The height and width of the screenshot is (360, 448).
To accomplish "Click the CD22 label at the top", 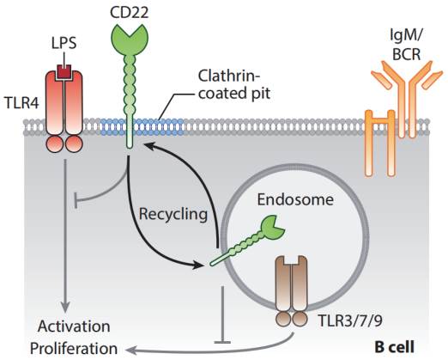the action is coord(130,13).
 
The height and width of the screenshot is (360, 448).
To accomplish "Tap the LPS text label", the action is coord(64,43).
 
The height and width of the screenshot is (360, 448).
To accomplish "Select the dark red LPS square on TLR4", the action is coord(64,72).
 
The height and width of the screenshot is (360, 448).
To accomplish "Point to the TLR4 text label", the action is coord(21,103).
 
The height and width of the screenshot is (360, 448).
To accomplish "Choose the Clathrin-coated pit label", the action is coord(234,85).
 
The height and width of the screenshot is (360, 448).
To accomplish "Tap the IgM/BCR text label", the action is coord(406,45).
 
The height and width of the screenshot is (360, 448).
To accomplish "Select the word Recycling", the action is coord(173,215).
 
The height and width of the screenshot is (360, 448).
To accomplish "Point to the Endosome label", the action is coord(295,199).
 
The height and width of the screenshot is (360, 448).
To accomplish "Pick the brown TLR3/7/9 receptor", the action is coord(292,291).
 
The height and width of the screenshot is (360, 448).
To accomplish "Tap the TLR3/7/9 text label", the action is coord(350,320).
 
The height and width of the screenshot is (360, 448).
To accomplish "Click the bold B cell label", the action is coord(394,347).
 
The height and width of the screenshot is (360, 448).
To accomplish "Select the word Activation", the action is coord(74,326).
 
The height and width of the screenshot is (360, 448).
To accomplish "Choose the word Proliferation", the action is coord(74,349).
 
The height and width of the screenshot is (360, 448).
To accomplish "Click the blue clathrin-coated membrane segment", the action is coord(142,127).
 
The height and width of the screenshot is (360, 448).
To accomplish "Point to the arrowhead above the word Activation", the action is coord(65,308).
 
